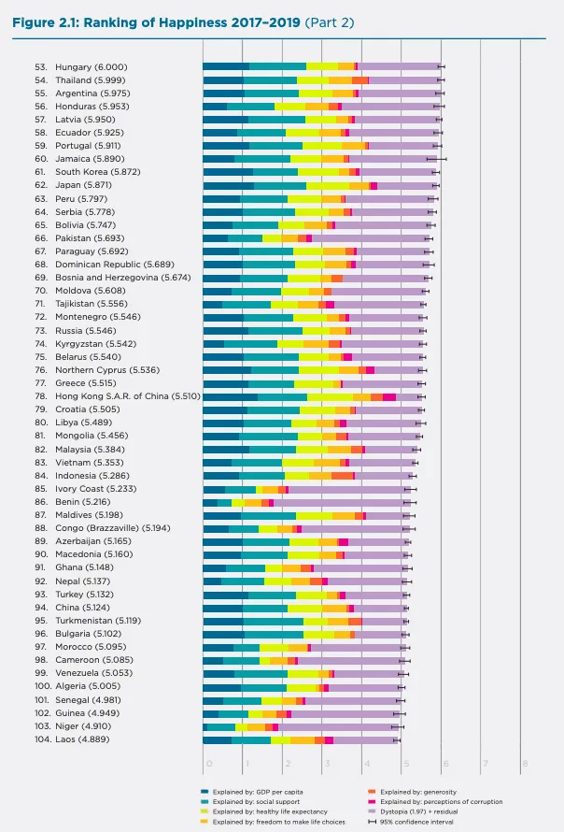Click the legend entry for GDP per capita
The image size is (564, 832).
(x=250, y=792)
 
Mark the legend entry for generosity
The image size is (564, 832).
(x=415, y=792)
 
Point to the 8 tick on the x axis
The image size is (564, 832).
(x=525, y=764)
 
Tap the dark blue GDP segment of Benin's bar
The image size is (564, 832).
(x=210, y=502)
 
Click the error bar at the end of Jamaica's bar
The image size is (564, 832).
(x=444, y=159)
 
